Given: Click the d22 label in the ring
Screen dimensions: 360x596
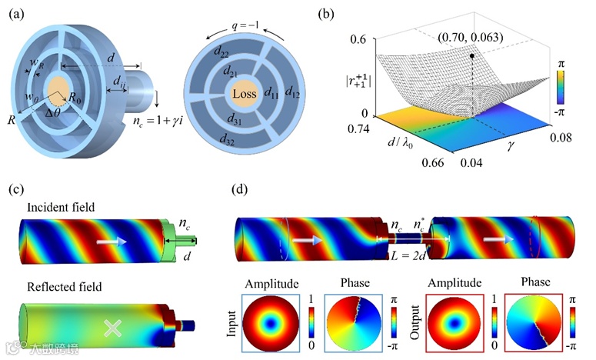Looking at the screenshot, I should [221, 52].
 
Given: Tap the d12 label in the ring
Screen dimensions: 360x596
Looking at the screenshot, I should [293, 92].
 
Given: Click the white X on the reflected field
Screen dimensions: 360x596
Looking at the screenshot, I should [113, 328].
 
